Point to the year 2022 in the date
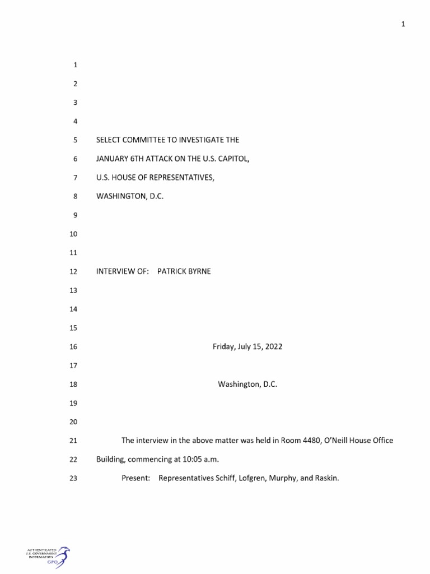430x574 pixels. [273, 347]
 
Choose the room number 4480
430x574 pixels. [302, 441]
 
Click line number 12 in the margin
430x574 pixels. [72, 272]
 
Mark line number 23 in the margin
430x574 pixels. [72, 479]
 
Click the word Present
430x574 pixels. [135, 479]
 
